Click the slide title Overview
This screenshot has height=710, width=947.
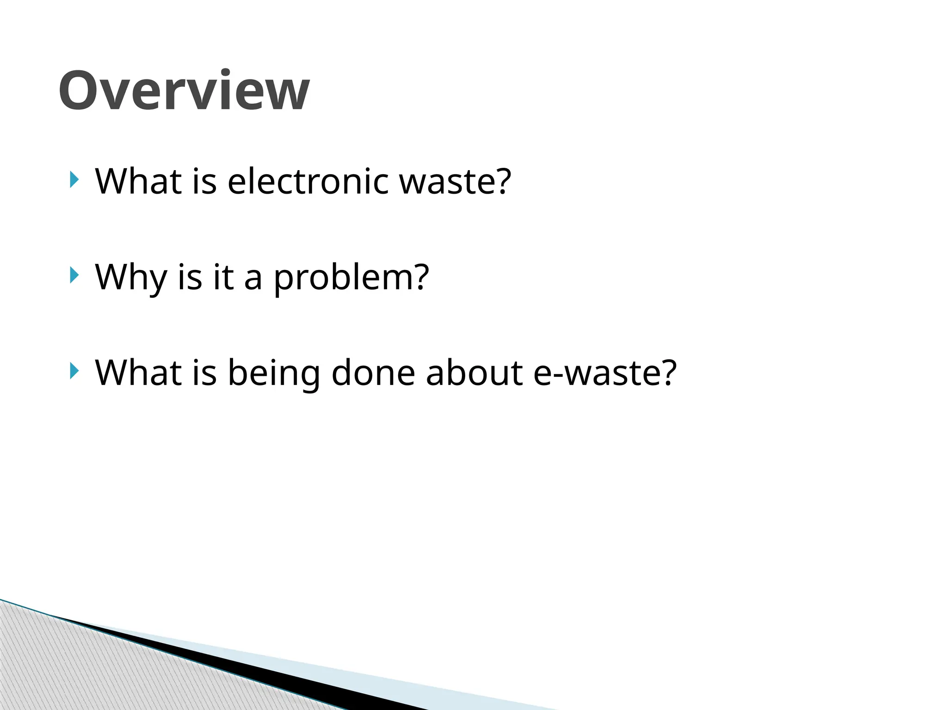pyautogui.click(x=184, y=91)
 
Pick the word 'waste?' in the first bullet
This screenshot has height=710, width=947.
pyautogui.click(x=455, y=181)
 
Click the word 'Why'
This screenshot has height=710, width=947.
pyautogui.click(x=131, y=277)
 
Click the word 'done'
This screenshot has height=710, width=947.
pyautogui.click(x=373, y=373)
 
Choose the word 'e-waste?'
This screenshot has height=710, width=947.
pyautogui.click(x=605, y=373)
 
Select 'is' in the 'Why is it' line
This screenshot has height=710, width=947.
pyautogui.click(x=190, y=277)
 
